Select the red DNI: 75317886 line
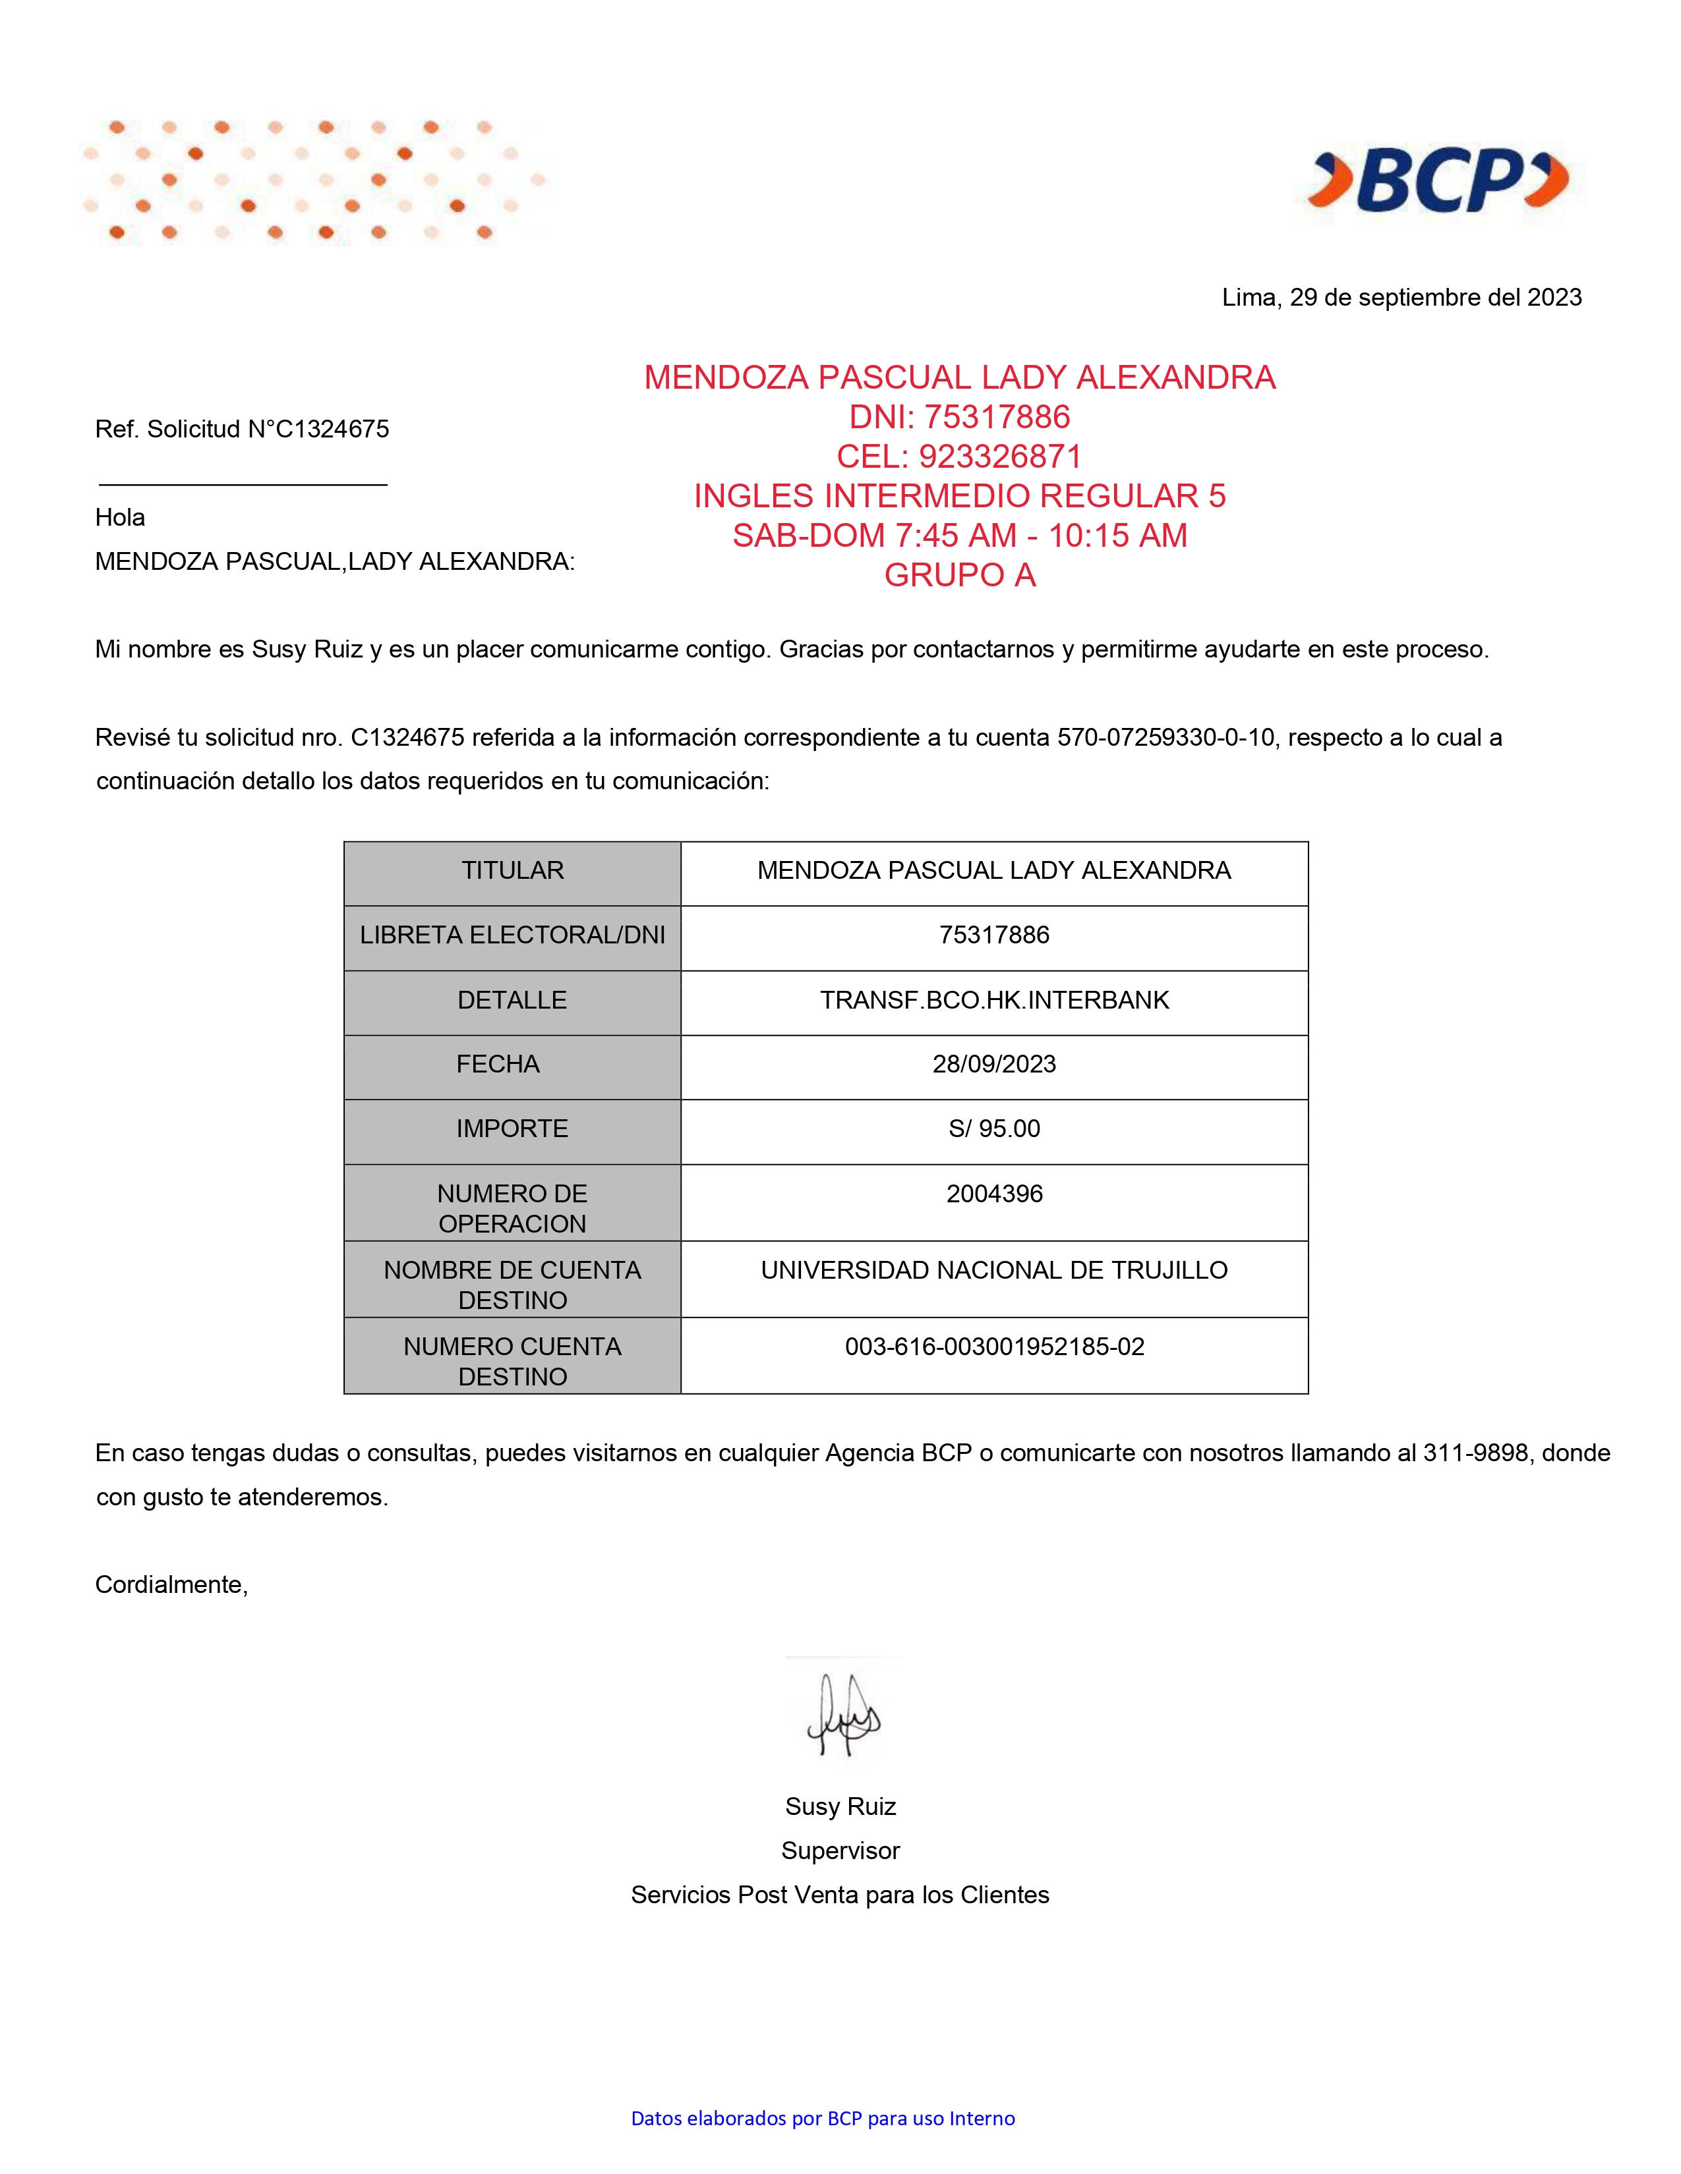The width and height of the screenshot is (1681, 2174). click(x=959, y=417)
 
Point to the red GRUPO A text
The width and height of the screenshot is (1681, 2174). click(x=959, y=575)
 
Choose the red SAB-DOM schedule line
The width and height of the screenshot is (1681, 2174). click(x=959, y=536)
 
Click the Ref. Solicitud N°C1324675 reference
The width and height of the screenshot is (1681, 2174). click(x=242, y=429)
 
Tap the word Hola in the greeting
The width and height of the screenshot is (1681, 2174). click(x=119, y=518)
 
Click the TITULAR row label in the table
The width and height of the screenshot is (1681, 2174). click(x=512, y=871)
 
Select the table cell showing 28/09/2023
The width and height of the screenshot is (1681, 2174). click(x=994, y=1064)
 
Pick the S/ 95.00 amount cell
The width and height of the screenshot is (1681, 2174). click(x=994, y=1129)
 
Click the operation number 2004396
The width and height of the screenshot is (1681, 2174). click(x=994, y=1194)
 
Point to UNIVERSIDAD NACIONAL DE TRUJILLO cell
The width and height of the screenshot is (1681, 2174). click(x=994, y=1270)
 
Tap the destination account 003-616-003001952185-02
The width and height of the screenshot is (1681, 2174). click(x=994, y=1347)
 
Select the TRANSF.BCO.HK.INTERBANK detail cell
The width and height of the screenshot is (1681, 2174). click(x=994, y=1001)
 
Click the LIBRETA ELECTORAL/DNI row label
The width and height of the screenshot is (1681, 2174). click(x=512, y=935)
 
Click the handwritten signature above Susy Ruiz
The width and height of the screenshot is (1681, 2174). click(x=844, y=1715)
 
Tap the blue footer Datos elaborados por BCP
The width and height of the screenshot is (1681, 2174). click(x=823, y=2118)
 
